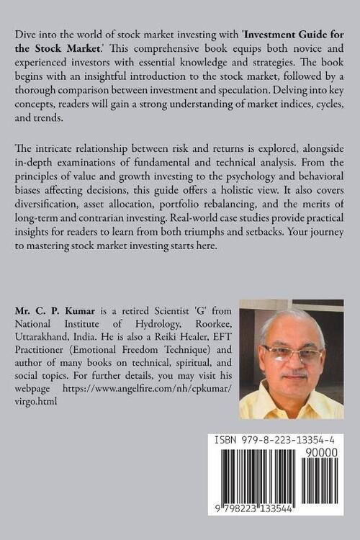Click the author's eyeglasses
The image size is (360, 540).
pos(292,354)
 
